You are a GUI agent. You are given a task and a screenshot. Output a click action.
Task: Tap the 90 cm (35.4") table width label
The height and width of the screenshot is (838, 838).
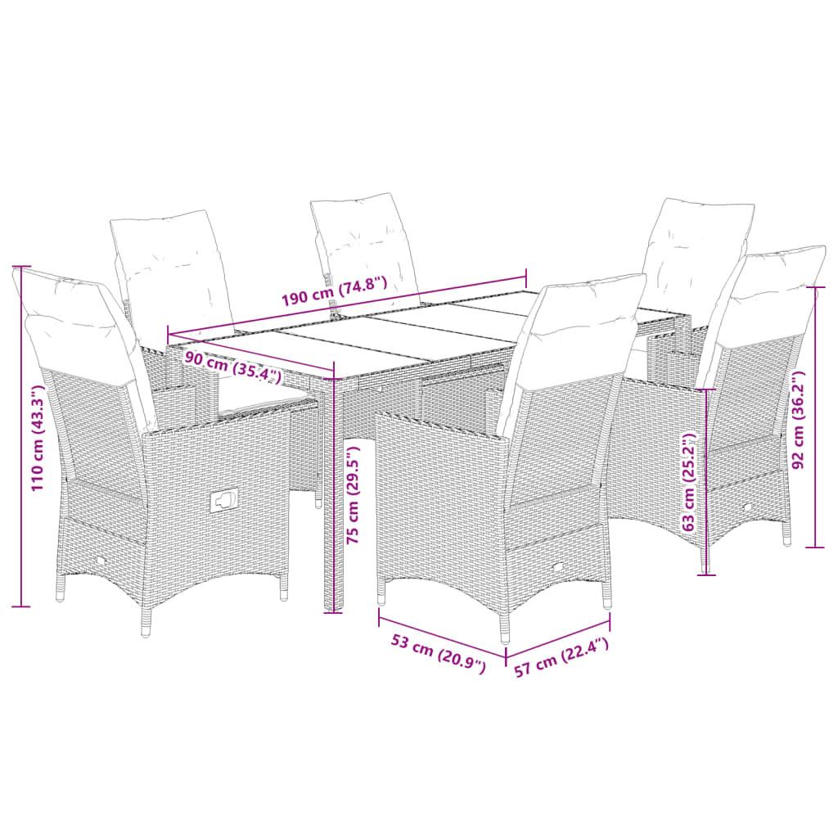tap(232, 366)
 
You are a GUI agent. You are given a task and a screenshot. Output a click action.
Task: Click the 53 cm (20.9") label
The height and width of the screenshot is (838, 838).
tap(439, 654)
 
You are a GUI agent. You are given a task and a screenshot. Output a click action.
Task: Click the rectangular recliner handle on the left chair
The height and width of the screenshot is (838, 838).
tap(223, 500)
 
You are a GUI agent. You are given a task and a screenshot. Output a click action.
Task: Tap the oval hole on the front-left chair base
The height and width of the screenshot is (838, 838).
tap(98, 561)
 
